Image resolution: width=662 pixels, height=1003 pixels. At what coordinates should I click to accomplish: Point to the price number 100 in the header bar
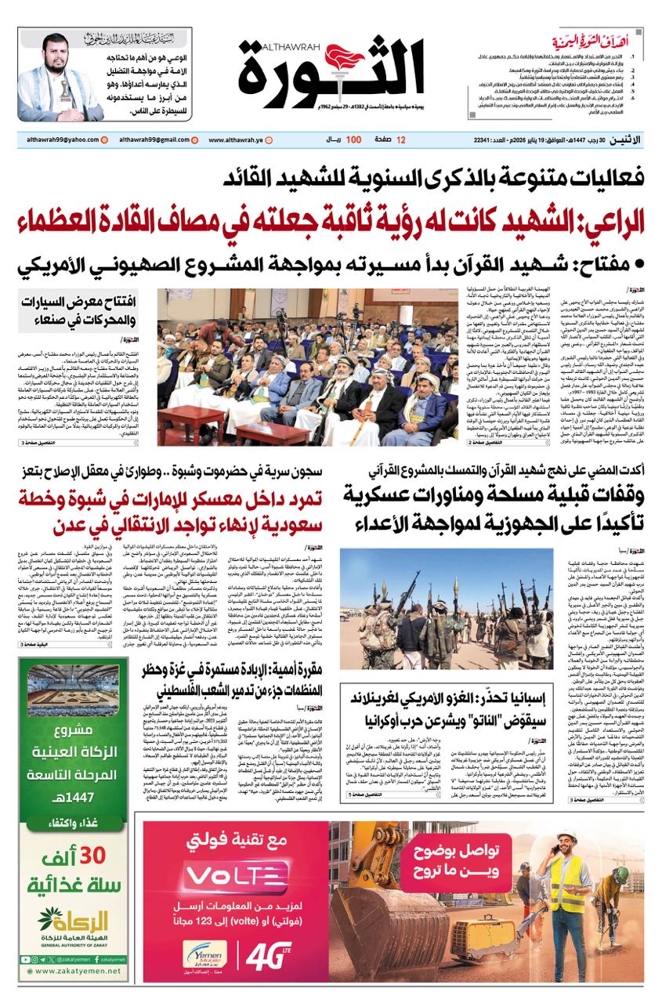pos(353,139)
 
